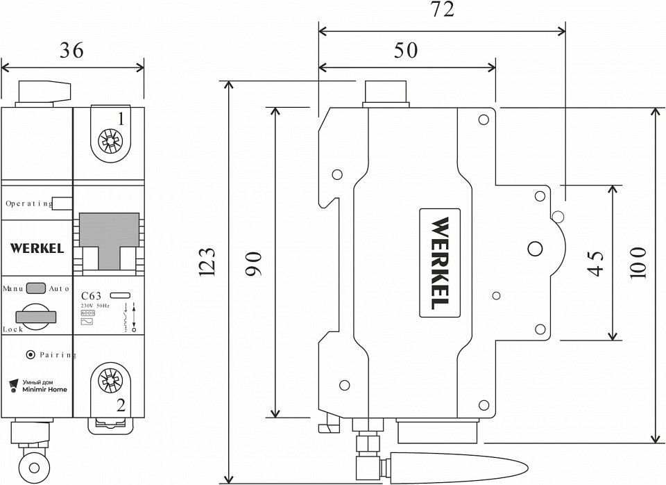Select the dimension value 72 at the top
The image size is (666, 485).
point(442,10)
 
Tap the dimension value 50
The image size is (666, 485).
point(407,50)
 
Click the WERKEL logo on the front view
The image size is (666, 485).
point(37,248)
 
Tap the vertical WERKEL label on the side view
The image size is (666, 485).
point(440,264)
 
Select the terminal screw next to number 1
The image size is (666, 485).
point(109,144)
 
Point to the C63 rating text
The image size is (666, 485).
point(92,296)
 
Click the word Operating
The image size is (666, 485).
point(28,204)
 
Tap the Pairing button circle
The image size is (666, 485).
point(30,355)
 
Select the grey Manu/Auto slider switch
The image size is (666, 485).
point(37,288)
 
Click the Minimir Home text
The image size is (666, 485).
point(44,390)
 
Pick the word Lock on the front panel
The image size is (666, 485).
point(13,329)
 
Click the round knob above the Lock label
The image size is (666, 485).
point(36,315)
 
